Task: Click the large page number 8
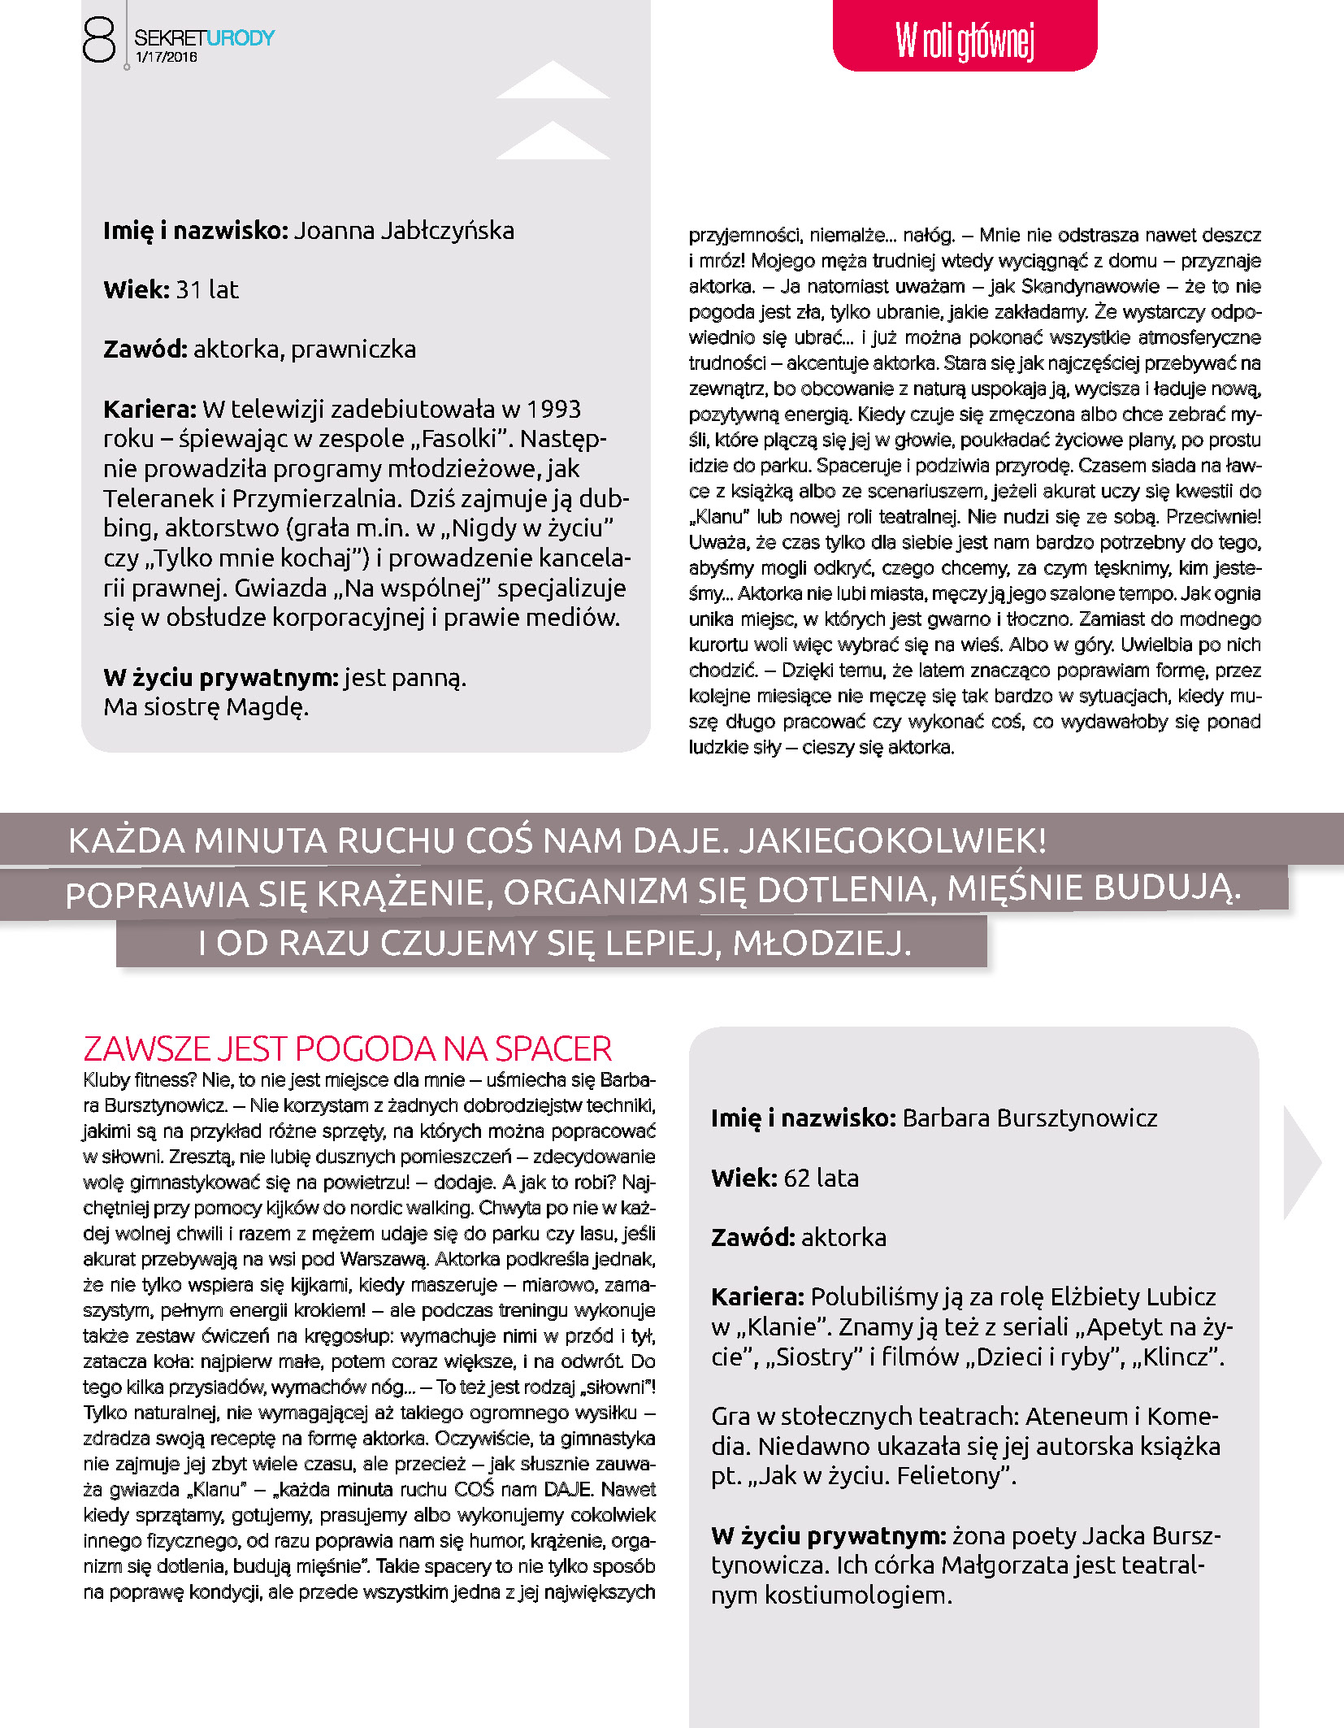(99, 41)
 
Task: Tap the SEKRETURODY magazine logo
(204, 37)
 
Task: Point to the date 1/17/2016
(167, 58)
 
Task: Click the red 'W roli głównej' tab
(965, 38)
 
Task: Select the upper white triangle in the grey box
(553, 80)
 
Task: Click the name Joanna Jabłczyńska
(404, 231)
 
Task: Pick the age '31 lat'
(207, 290)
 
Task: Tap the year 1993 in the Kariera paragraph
(553, 409)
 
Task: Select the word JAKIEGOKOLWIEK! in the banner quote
(892, 840)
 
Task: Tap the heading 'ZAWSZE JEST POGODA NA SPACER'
(347, 1049)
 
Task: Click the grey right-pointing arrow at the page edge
(1301, 1162)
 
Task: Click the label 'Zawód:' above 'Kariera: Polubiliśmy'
(752, 1237)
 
